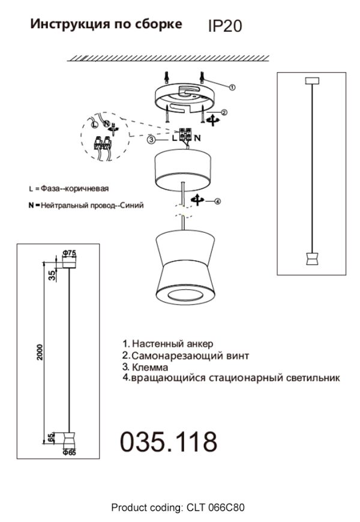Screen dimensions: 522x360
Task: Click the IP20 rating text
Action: click(x=224, y=26)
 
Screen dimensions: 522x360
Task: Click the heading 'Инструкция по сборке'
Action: click(x=106, y=25)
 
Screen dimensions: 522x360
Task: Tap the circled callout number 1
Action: click(x=232, y=87)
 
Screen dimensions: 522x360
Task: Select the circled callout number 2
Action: click(x=223, y=112)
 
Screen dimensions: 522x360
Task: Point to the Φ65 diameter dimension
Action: click(x=69, y=453)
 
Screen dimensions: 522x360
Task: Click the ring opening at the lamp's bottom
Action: click(x=184, y=295)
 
